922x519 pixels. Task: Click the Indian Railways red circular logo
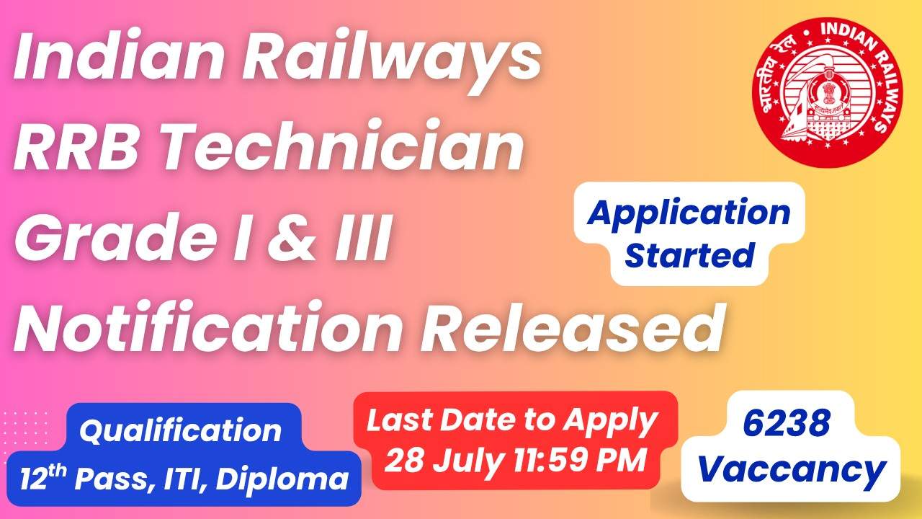coord(828,93)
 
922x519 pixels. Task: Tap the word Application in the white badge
coord(689,214)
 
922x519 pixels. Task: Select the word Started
coord(689,255)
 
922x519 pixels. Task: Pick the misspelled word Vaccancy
coord(792,471)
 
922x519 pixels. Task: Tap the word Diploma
coord(282,478)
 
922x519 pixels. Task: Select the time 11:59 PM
coord(580,460)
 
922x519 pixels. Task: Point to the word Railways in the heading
coord(391,58)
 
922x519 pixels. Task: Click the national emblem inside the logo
coord(828,94)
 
